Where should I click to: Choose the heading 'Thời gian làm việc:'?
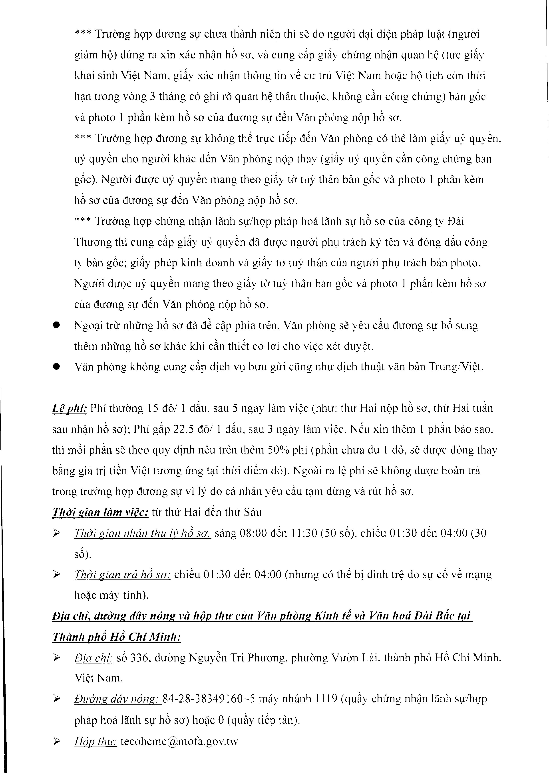point(100,512)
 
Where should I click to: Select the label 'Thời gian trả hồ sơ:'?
point(123,575)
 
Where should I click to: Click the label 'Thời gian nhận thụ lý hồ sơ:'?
point(143,533)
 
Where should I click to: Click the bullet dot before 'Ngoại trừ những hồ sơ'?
point(56,325)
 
